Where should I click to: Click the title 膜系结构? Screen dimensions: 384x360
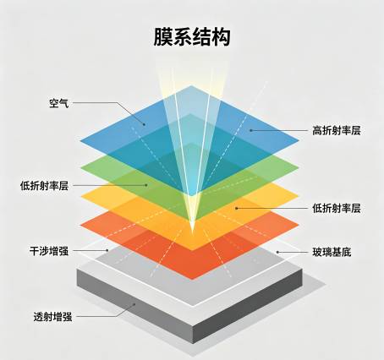tap(192, 37)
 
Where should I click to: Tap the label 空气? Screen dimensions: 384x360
tap(59, 103)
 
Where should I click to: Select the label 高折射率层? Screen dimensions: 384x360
tap(337, 130)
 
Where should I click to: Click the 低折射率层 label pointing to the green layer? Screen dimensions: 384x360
tap(44, 186)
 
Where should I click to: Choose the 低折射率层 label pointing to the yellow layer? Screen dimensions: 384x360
tap(337, 209)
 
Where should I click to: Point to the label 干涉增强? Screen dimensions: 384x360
tap(49, 251)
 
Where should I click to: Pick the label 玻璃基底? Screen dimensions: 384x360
tap(332, 252)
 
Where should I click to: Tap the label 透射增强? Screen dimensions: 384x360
tap(52, 317)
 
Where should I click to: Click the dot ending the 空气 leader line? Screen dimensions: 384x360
tap(144, 124)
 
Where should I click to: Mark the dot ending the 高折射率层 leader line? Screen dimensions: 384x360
tap(250, 130)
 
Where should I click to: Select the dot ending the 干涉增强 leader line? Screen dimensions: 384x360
tap(107, 250)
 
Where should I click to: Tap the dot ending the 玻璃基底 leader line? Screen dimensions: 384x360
tap(277, 252)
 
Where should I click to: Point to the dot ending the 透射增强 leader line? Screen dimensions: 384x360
tap(134, 304)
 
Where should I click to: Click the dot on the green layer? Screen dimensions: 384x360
tap(146, 185)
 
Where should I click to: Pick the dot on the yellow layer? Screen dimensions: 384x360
tap(237, 208)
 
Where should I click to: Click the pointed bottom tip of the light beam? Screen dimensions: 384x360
tap(192, 232)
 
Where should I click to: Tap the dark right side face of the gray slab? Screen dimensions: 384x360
tap(248, 306)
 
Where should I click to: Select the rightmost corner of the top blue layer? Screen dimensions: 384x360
tap(299, 140)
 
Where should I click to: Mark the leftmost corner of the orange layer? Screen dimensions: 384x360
tap(80, 226)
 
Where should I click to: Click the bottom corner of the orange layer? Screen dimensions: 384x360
tap(192, 280)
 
